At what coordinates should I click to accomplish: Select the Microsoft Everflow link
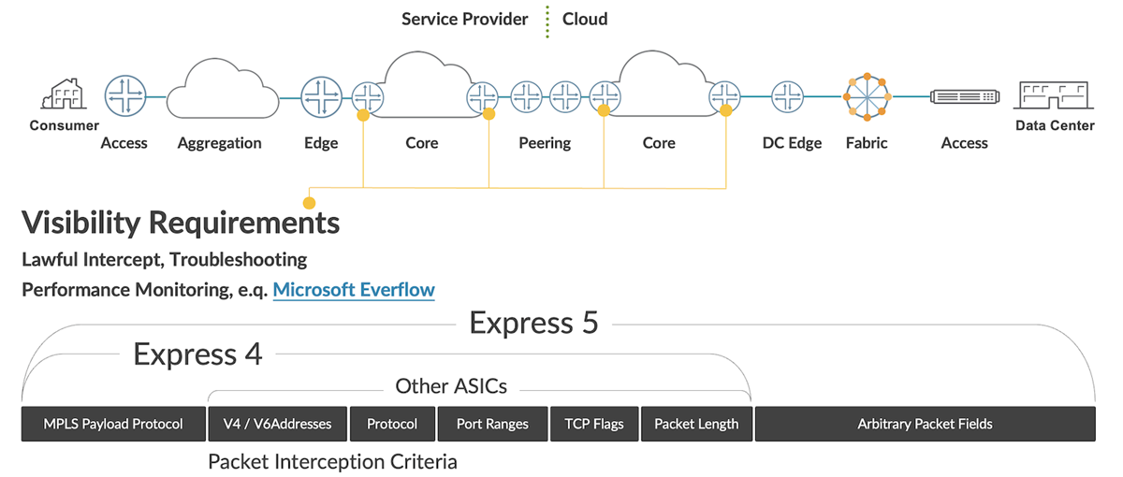click(354, 290)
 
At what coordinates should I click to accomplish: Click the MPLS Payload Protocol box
click(113, 424)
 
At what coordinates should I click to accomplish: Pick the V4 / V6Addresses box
click(277, 424)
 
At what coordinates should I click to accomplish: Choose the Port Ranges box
click(492, 424)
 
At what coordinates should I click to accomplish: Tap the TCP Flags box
click(593, 424)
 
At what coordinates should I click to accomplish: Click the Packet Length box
click(696, 424)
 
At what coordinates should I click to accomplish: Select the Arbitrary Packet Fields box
click(925, 424)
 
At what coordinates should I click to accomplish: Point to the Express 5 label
click(533, 324)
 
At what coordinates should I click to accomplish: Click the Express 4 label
click(197, 354)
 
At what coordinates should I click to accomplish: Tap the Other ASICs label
click(451, 385)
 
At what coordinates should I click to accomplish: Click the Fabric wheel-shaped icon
click(867, 96)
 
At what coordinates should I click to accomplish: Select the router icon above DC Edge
click(788, 96)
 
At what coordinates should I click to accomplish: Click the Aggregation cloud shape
click(221, 89)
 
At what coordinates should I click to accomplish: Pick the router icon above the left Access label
click(124, 96)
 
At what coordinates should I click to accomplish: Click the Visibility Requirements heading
click(180, 224)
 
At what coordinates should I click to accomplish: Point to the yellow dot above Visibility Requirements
click(309, 202)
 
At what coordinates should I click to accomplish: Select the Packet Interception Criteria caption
click(332, 461)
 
